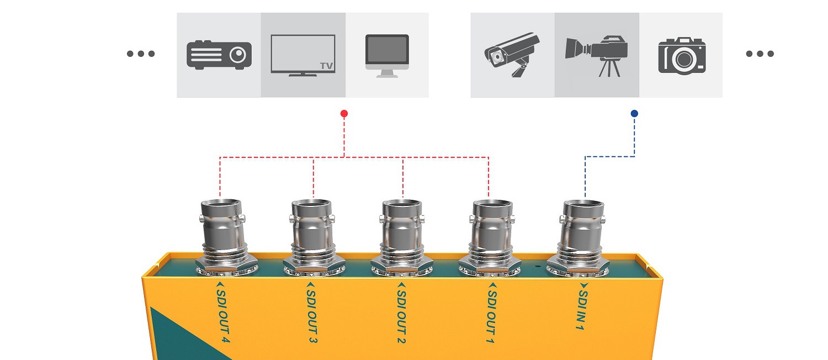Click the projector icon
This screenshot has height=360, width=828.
(x=219, y=55)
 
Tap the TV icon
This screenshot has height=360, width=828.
(x=303, y=55)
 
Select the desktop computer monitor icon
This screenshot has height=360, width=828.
(x=387, y=56)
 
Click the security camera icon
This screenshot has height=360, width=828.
(x=512, y=55)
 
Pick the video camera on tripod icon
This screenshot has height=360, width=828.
(x=597, y=55)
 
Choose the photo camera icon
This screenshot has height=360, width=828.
(x=682, y=55)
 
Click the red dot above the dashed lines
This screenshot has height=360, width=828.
(x=344, y=114)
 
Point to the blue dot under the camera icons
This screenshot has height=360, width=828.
(x=634, y=114)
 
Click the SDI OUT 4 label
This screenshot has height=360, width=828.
(x=222, y=311)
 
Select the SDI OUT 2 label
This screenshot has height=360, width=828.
(x=402, y=311)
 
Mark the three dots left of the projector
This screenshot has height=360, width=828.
(x=141, y=54)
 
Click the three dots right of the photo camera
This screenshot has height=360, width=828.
(x=760, y=54)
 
